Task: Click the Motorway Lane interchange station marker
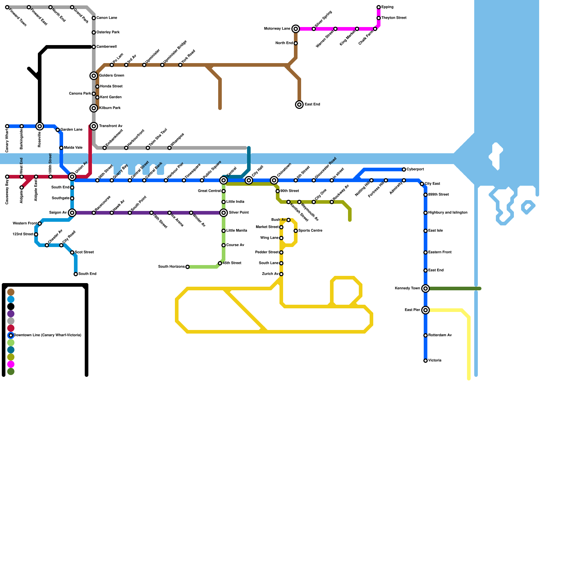click(x=296, y=29)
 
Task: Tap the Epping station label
click(x=387, y=7)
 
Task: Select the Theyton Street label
click(x=394, y=18)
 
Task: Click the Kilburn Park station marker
click(x=94, y=108)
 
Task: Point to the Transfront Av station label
click(x=111, y=126)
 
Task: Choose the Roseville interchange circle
click(x=40, y=126)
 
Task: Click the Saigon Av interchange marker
click(x=72, y=213)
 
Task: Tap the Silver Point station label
click(x=239, y=213)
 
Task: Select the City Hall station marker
click(x=249, y=180)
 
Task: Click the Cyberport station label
click(x=415, y=169)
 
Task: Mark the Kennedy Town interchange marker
click(x=426, y=288)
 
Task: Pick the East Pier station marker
click(x=426, y=310)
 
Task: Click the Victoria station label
click(x=435, y=361)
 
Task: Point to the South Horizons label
click(x=171, y=267)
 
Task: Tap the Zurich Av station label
click(x=270, y=274)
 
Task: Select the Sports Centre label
click(x=310, y=231)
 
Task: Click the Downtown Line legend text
click(x=47, y=335)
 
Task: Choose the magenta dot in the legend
click(x=11, y=364)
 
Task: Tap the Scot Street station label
click(x=84, y=252)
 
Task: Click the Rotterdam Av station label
click(x=440, y=335)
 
